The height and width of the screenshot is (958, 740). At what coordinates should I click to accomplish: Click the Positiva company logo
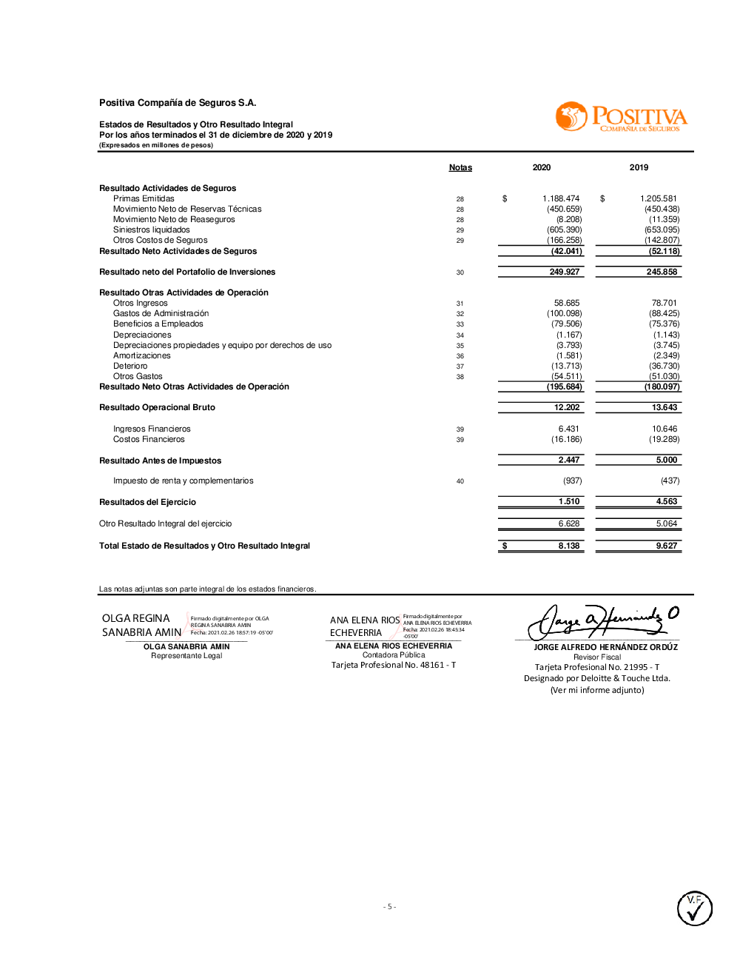tap(621, 118)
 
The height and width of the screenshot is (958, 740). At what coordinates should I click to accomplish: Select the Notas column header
tap(460, 167)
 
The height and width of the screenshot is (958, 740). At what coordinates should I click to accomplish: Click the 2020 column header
tap(542, 167)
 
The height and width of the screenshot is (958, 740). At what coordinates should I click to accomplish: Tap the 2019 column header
tap(639, 167)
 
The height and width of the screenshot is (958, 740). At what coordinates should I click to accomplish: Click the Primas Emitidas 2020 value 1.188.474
tap(561, 198)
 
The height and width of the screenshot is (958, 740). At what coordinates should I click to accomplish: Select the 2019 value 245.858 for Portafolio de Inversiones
tap(662, 272)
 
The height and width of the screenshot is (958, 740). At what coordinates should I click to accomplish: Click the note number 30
tap(460, 272)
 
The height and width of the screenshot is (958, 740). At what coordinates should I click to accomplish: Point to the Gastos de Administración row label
tap(161, 313)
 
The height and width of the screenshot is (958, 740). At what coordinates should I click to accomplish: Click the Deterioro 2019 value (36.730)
tap(666, 366)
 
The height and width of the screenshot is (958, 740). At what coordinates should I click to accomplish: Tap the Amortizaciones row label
tap(142, 355)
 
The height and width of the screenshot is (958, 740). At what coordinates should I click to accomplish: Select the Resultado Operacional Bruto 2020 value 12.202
tap(567, 407)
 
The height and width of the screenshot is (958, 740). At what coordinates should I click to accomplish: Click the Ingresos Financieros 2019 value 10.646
tap(665, 429)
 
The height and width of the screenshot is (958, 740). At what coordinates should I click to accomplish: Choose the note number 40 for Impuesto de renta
tap(460, 481)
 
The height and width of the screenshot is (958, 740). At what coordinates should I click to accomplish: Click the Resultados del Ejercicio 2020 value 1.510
tap(569, 501)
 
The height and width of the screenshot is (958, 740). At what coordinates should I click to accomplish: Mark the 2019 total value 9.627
tap(666, 546)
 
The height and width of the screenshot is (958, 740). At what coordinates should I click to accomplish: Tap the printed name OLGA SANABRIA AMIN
tap(186, 646)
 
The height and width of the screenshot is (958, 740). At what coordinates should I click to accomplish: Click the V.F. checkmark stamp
tap(694, 908)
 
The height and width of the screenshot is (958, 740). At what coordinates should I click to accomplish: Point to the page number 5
tap(389, 906)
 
